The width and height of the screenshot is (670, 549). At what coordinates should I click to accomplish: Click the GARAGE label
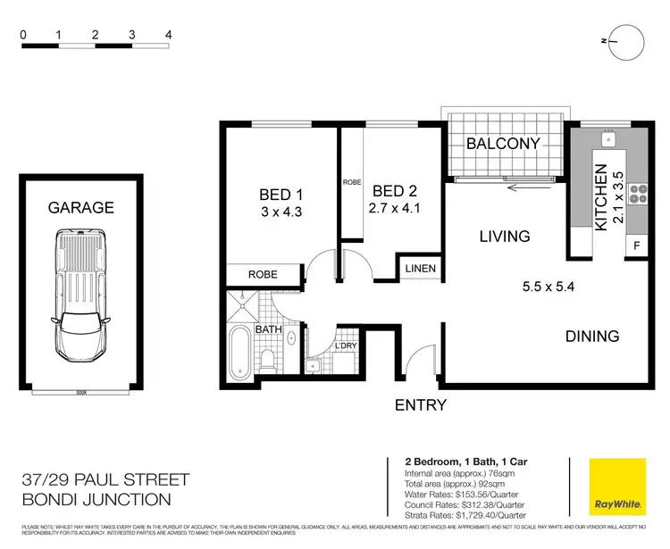tap(80, 207)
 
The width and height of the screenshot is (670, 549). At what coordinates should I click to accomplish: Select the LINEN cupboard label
tap(421, 269)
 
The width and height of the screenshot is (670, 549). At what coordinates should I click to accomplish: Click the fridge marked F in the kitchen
tap(637, 245)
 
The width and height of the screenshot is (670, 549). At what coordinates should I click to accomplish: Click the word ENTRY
tap(420, 405)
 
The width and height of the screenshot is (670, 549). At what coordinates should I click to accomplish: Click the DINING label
tap(591, 337)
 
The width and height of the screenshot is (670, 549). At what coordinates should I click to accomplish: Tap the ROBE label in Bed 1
tap(262, 274)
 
